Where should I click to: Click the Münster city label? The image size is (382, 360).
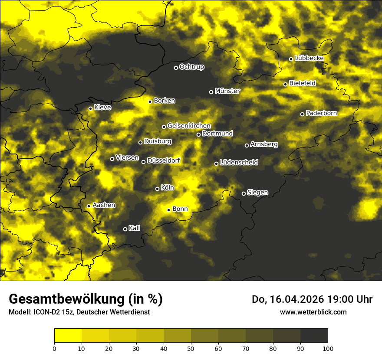click(x=227, y=91)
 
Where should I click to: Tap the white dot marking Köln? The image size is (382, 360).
click(x=157, y=189)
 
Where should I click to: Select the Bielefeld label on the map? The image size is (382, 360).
click(x=302, y=83)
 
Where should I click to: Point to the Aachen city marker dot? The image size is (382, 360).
click(x=89, y=206)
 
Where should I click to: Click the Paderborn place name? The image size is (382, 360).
click(x=321, y=113)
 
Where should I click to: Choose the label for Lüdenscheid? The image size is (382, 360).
click(x=239, y=163)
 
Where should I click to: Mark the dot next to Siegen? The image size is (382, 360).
click(x=244, y=193)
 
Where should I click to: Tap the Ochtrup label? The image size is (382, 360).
click(x=191, y=67)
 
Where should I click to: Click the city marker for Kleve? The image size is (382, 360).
click(x=90, y=108)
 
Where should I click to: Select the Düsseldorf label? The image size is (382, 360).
click(x=163, y=160)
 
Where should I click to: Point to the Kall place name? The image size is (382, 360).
click(x=134, y=228)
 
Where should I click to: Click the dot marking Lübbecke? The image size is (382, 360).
click(x=291, y=59)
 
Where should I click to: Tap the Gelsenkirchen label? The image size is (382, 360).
click(x=189, y=126)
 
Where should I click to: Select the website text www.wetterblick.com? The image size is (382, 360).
click(x=313, y=312)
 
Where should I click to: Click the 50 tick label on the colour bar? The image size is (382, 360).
click(x=191, y=348)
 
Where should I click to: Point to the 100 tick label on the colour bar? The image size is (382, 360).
click(x=328, y=348)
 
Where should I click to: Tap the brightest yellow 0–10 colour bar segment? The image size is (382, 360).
click(x=68, y=335)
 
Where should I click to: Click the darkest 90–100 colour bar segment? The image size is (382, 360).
click(x=314, y=335)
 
